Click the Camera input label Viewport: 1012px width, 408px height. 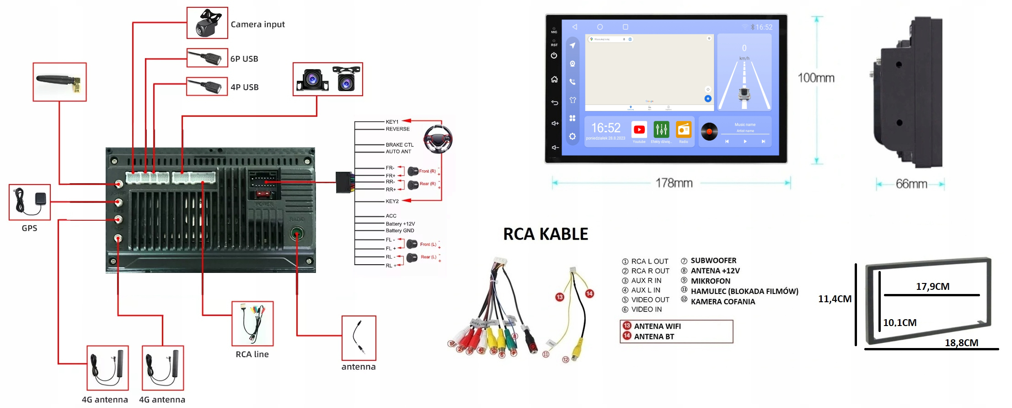point(257,24)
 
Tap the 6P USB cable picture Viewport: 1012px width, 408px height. point(207,58)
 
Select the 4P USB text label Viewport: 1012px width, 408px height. point(244,87)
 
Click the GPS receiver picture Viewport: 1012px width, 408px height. point(30,202)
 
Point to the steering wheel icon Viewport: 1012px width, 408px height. point(438,139)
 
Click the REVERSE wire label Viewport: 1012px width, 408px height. point(397,129)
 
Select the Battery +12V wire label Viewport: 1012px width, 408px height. point(400,224)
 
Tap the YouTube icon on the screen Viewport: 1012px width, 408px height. point(639,130)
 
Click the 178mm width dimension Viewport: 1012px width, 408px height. point(674,183)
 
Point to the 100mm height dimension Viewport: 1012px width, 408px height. point(816,78)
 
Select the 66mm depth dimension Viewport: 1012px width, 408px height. point(911,184)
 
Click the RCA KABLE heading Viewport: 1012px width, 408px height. point(545,234)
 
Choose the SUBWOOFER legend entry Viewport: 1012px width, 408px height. point(713,261)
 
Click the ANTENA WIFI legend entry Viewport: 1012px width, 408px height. point(657,326)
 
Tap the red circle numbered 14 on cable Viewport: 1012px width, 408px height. point(589,294)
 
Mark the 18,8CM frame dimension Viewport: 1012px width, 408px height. point(961,343)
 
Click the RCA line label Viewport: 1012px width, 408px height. point(252,354)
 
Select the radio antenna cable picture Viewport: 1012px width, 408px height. point(359,338)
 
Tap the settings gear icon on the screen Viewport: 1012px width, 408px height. point(572,136)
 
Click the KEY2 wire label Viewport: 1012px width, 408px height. point(392,201)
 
